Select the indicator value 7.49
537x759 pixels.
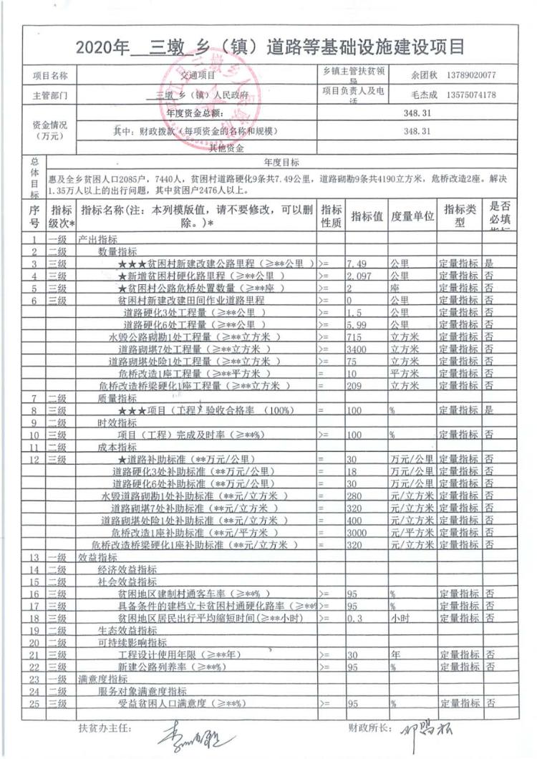pyautogui.click(x=357, y=263)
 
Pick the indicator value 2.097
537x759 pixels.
pyautogui.click(x=359, y=275)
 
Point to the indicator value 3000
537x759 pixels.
pyautogui.click(x=357, y=533)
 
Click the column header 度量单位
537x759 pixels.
pyautogui.click(x=412, y=216)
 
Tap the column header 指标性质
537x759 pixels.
pyautogui.click(x=331, y=216)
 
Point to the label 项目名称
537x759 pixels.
pyautogui.click(x=50, y=75)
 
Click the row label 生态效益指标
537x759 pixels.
pyautogui.click(x=127, y=630)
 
